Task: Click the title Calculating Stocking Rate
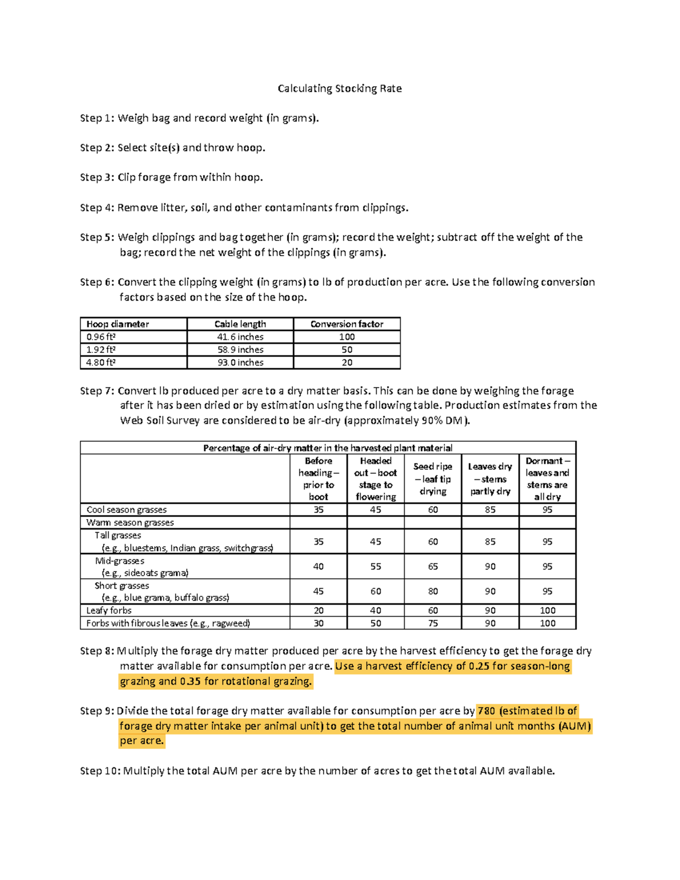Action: (x=339, y=88)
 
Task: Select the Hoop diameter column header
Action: (x=118, y=324)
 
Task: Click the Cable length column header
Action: (x=240, y=324)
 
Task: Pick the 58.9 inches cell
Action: (x=240, y=350)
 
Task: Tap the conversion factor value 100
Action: (x=347, y=337)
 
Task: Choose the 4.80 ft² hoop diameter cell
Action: (x=101, y=363)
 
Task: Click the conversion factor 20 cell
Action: (x=347, y=363)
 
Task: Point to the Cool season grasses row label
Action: (x=126, y=510)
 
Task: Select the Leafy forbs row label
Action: (x=109, y=610)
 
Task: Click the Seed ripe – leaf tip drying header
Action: (x=433, y=479)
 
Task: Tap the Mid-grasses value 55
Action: (x=376, y=567)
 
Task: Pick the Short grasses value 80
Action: (x=433, y=591)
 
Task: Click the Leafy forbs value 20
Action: (x=318, y=610)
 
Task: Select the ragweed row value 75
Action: (x=433, y=623)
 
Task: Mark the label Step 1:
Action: (x=97, y=118)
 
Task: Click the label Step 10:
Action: (x=100, y=771)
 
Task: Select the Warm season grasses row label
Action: (x=130, y=522)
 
